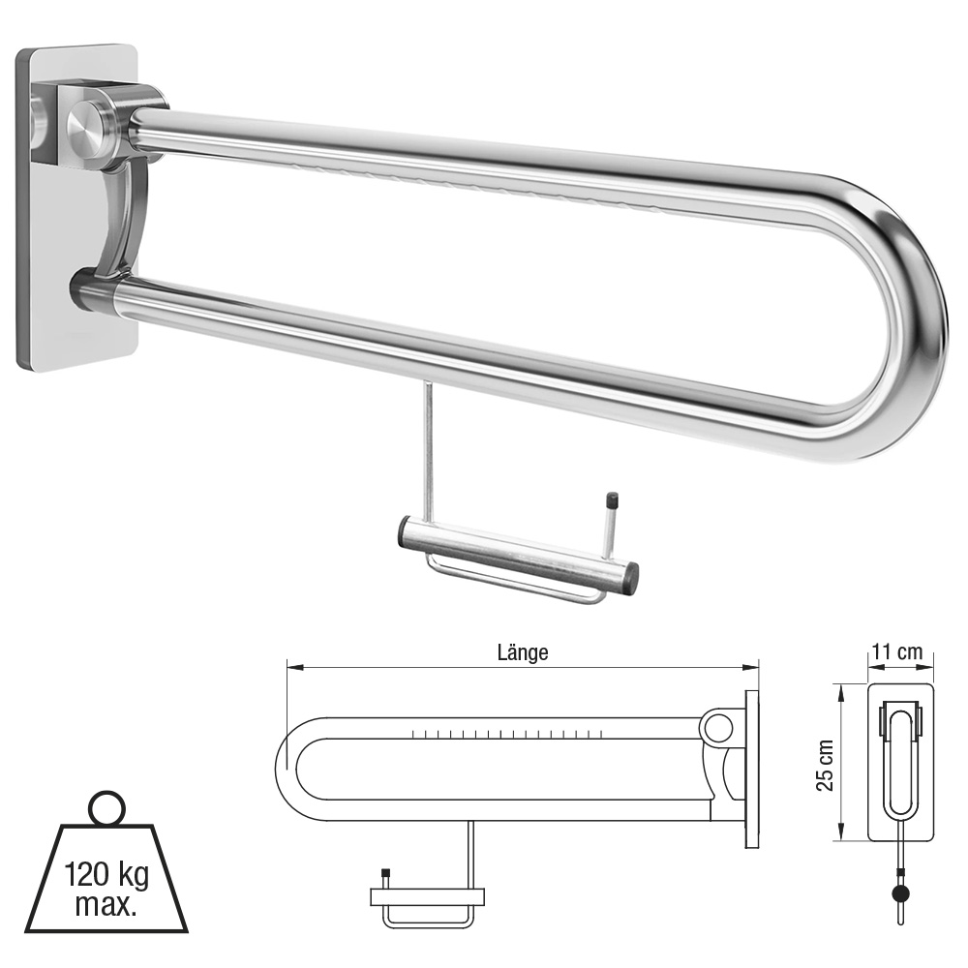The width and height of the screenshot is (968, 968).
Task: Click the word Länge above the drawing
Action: (x=523, y=652)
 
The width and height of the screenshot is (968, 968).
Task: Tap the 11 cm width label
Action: (x=897, y=651)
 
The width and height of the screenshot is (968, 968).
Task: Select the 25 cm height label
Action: (x=825, y=765)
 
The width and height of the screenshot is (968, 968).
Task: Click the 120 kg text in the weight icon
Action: (x=106, y=875)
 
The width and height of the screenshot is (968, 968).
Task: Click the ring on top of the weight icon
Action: (x=107, y=808)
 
